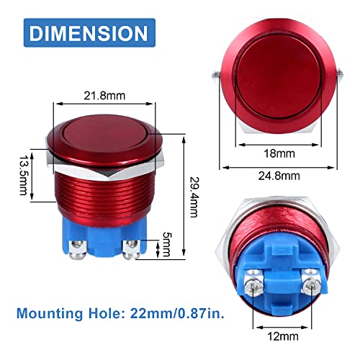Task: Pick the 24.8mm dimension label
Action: point(279,176)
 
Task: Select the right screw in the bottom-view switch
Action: point(311,279)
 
